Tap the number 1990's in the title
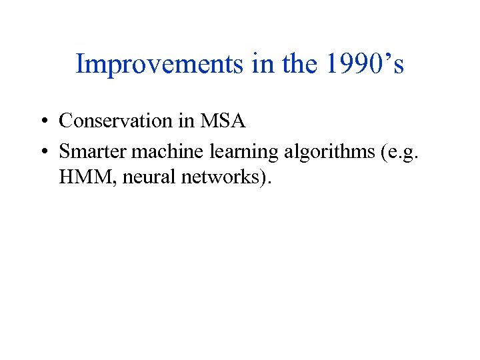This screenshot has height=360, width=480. [361, 65]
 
